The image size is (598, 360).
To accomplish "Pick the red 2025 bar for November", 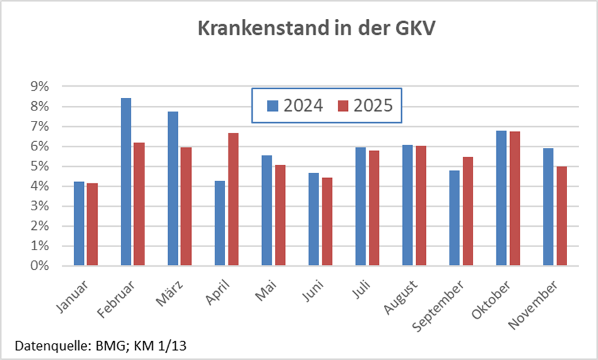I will tap(561, 216).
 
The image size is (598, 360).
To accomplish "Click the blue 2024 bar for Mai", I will tap(267, 210).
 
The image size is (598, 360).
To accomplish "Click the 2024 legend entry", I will tap(294, 106).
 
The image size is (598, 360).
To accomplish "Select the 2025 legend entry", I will tap(364, 106).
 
